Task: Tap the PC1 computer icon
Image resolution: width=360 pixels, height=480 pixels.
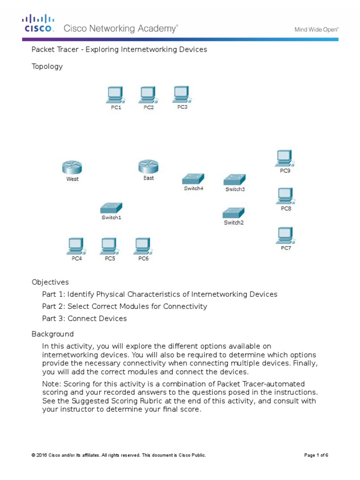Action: [x=115, y=95]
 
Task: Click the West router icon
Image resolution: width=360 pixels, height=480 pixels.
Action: [x=72, y=167]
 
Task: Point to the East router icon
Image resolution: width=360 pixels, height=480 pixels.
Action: [x=148, y=166]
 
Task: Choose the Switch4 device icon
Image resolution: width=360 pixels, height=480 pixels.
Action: [x=193, y=179]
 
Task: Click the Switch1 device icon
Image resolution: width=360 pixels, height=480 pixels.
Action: [x=111, y=208]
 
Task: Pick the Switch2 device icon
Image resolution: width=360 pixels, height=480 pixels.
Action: [x=233, y=212]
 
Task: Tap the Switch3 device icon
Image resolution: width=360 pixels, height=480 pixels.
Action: [x=234, y=179]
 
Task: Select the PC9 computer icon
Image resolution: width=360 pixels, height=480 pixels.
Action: [x=285, y=158]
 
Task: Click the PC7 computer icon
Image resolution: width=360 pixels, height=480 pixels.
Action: [x=285, y=235]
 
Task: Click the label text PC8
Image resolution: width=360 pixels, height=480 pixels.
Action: [x=286, y=209]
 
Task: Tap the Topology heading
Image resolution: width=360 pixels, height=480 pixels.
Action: [x=47, y=67]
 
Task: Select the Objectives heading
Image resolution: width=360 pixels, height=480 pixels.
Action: [x=50, y=282]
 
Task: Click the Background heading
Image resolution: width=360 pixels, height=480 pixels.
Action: [x=52, y=334]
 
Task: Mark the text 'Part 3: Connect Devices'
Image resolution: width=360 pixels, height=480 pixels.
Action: [x=84, y=319]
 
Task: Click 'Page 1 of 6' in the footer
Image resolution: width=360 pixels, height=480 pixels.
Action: [x=316, y=455]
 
